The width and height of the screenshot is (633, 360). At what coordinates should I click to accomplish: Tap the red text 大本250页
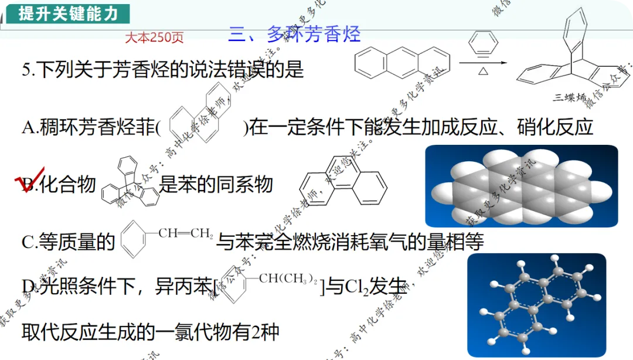(x=154, y=38)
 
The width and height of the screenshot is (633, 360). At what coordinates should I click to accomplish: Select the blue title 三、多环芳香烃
(x=294, y=34)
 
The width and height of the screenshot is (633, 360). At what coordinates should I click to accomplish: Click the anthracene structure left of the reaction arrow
(x=403, y=61)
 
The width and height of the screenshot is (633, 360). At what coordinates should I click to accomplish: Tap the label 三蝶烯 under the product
(x=569, y=97)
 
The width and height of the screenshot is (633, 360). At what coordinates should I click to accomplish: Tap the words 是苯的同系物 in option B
(x=216, y=185)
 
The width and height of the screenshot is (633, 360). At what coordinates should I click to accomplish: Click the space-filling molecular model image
(x=521, y=186)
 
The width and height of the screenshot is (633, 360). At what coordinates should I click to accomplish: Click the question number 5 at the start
(x=26, y=70)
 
